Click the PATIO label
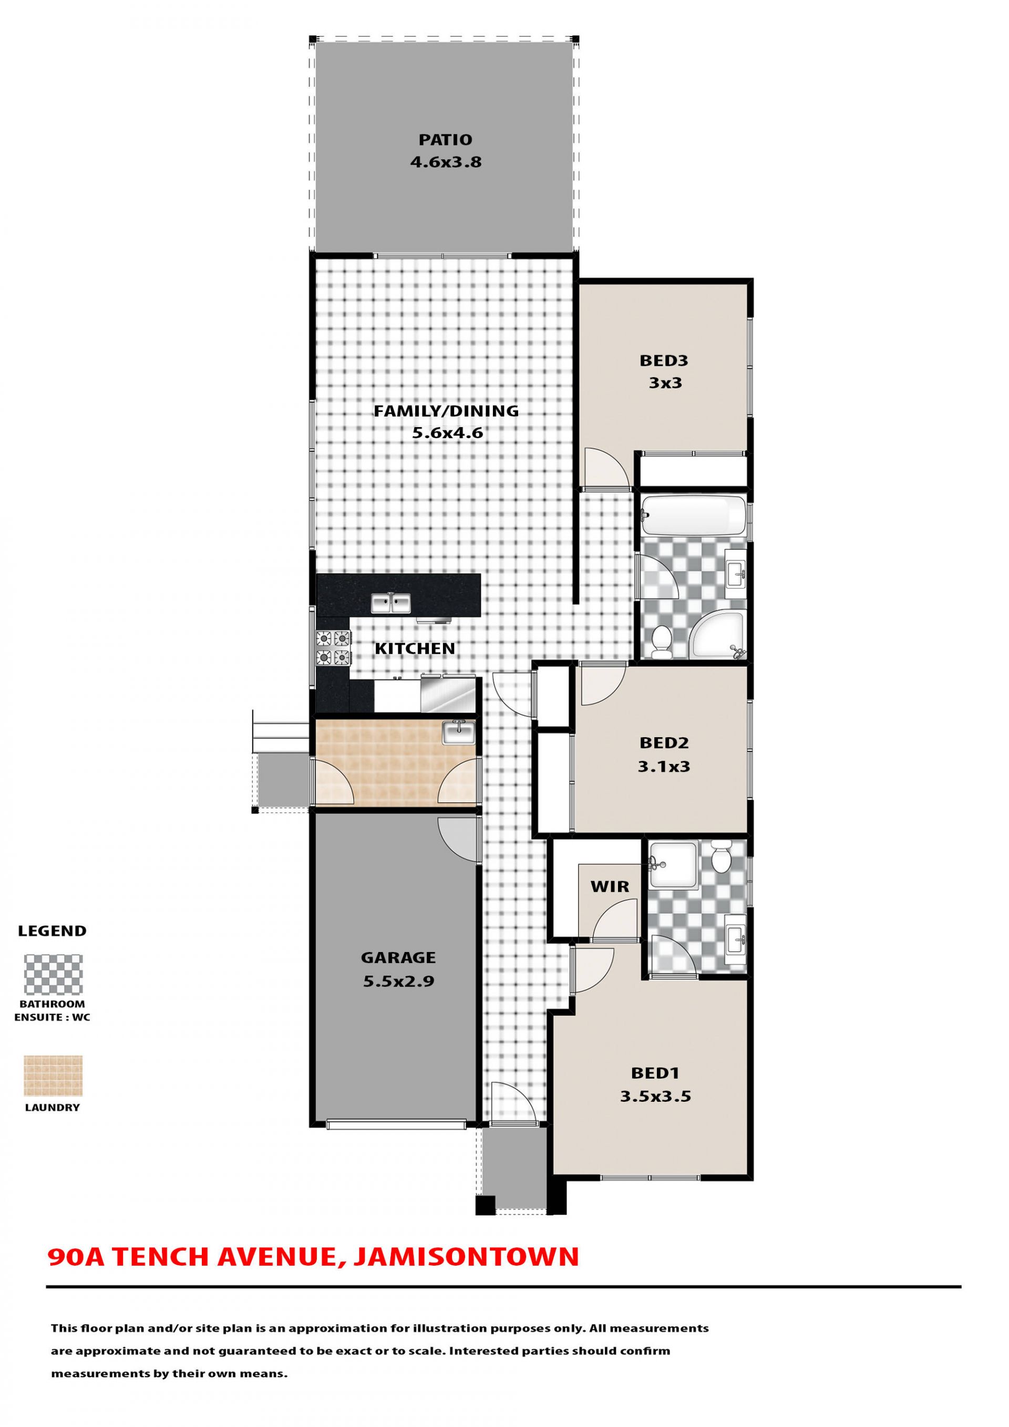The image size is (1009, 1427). click(x=445, y=140)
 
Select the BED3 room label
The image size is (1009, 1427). click(x=664, y=360)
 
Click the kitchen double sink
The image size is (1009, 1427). click(x=391, y=602)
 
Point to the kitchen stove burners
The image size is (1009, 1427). click(x=333, y=648)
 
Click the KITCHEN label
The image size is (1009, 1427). click(x=415, y=649)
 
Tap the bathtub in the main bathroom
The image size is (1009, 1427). click(x=693, y=516)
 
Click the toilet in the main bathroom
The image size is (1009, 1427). click(x=662, y=642)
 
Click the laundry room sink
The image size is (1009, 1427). click(x=458, y=733)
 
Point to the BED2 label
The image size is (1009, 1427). click(x=664, y=743)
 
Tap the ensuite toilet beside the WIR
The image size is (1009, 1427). click(x=722, y=856)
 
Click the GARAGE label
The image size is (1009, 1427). click(x=398, y=958)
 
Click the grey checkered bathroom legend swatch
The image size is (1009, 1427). click(x=54, y=975)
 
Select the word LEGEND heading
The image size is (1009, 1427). click(x=52, y=931)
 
